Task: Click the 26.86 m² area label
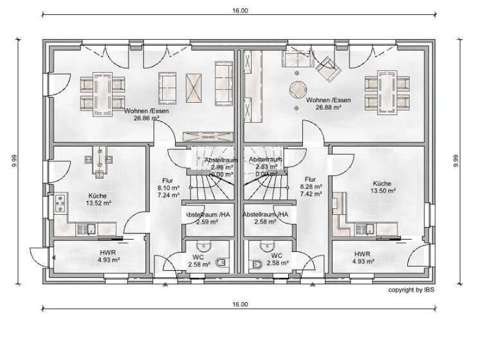146,118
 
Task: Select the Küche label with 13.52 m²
98,203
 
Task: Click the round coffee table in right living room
297,88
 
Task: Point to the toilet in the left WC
221,262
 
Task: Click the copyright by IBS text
412,290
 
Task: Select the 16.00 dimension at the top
239,11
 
